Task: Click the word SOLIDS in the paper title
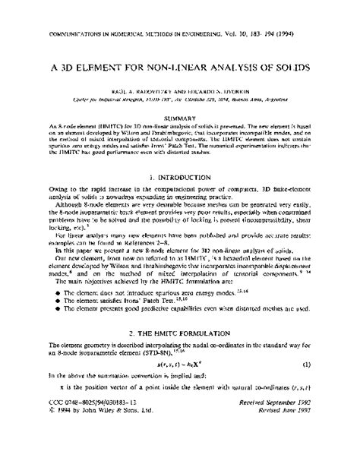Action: pyautogui.click(x=289, y=68)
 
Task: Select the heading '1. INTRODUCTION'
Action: pyautogui.click(x=180, y=173)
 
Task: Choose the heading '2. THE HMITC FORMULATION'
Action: pyautogui.click(x=180, y=355)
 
